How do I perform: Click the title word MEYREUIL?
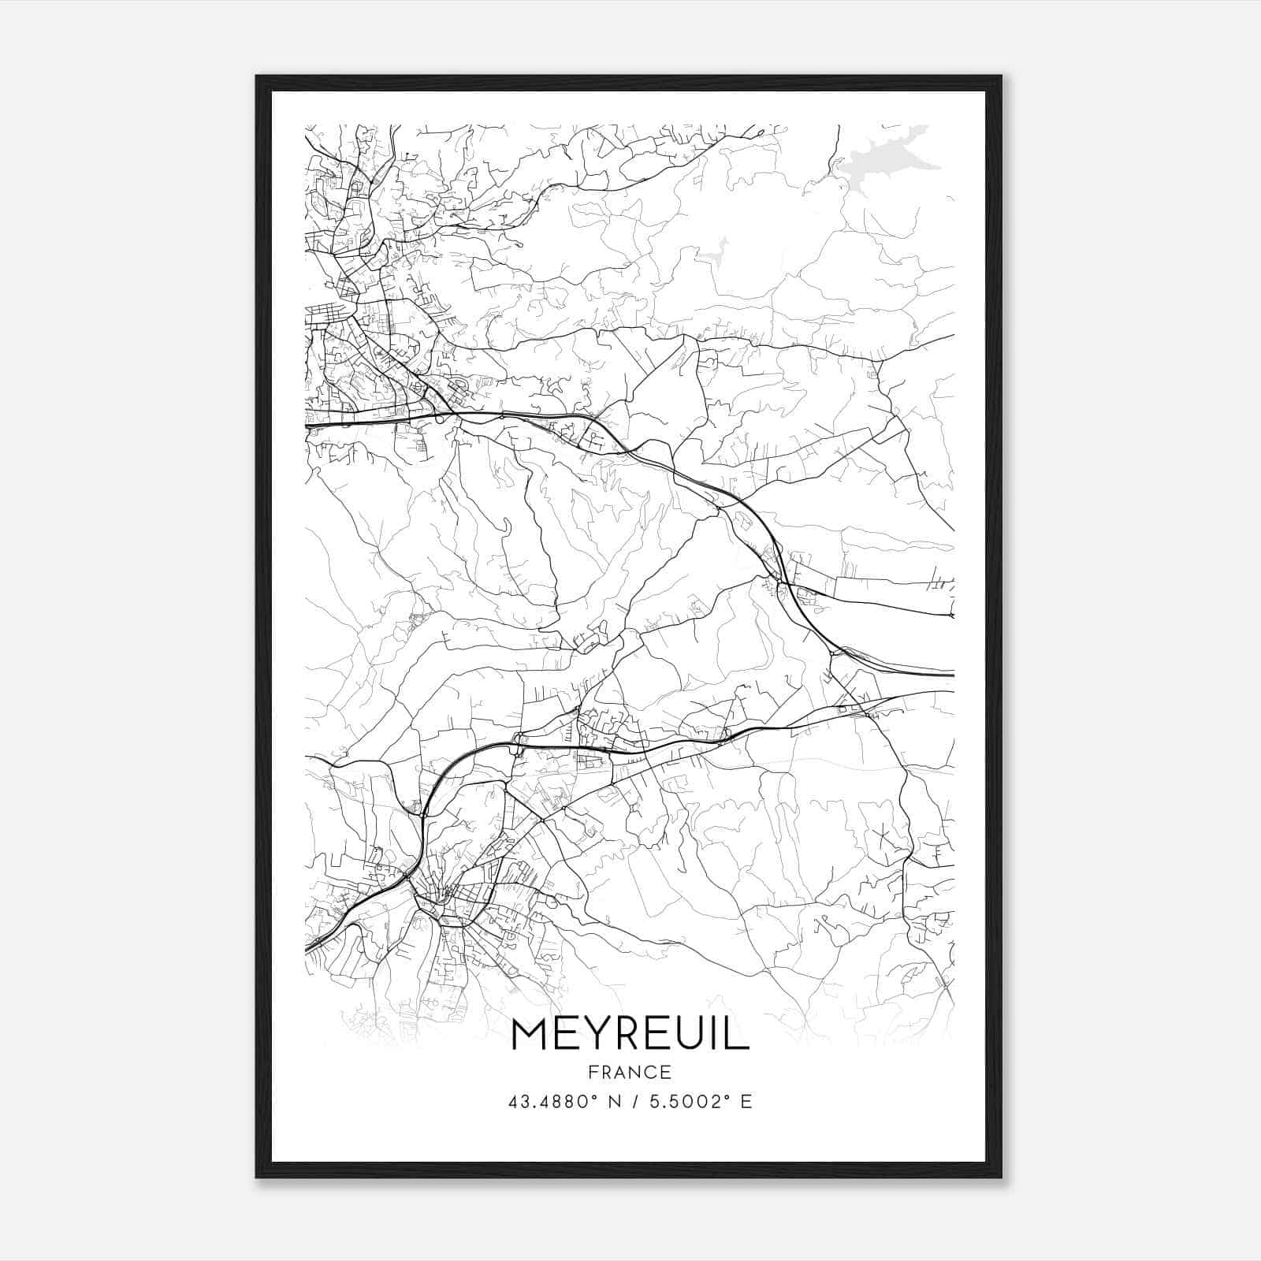pos(630,1033)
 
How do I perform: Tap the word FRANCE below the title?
pos(630,1072)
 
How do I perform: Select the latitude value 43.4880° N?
pos(567,1101)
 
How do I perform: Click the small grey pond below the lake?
pos(713,254)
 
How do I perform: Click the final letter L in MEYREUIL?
pos(738,1033)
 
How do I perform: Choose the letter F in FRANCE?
pos(593,1072)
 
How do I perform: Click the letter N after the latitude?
pos(616,1101)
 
